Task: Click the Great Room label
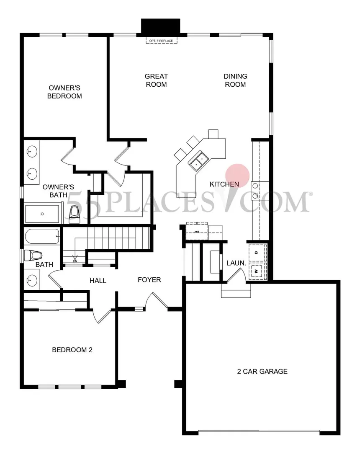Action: point(156,80)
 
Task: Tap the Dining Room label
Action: point(235,80)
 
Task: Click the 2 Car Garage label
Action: point(262,371)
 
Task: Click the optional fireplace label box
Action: point(162,41)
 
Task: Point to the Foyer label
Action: point(149,280)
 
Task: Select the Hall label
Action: point(98,281)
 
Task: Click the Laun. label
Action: point(236,263)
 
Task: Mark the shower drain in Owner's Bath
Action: point(42,214)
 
